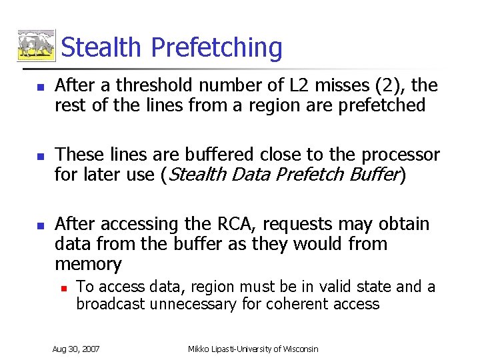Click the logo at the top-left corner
pos(36,46)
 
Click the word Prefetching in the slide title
pos(217,48)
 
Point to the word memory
pos(88,264)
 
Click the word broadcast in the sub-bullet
pos(112,304)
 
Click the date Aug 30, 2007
pos(76,349)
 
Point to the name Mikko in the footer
pos(201,349)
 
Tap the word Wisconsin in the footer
pos(297,349)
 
